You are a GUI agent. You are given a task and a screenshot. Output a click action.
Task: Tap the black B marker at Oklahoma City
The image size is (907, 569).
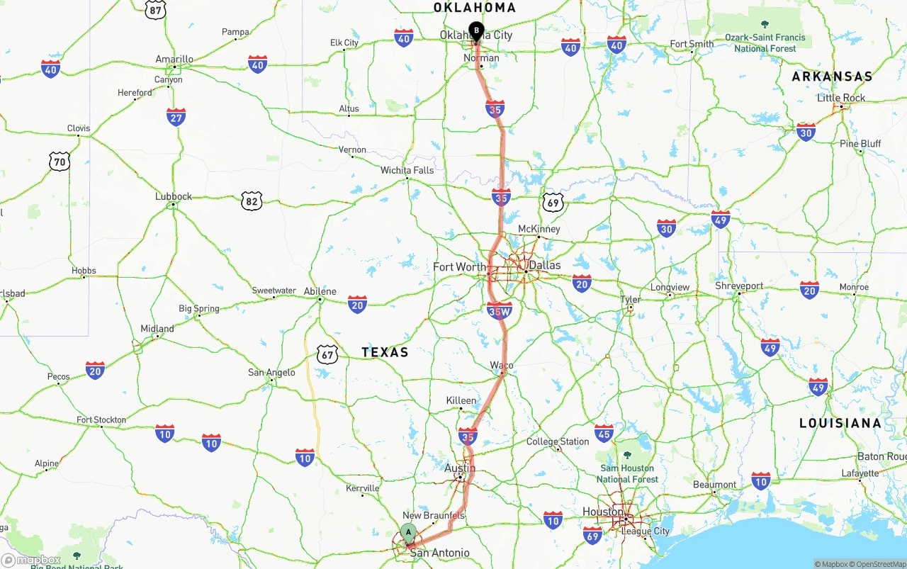point(476,31)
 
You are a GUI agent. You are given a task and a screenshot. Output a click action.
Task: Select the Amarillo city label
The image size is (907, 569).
point(174,59)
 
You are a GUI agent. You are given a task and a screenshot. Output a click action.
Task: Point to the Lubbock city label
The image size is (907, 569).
point(174,196)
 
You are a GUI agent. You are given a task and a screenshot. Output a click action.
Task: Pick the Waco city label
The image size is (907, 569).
point(502,365)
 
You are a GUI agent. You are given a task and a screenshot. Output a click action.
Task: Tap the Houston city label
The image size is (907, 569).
point(603,512)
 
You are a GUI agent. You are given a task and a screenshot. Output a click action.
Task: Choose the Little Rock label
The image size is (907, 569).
point(841,98)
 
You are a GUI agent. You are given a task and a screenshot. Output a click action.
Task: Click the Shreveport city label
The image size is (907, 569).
point(739,286)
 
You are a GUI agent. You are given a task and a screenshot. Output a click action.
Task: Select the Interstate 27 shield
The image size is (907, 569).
point(176,117)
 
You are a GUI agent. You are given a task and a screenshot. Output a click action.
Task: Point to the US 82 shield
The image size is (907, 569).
point(251,201)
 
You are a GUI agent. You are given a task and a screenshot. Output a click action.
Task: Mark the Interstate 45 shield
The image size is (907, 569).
point(604,433)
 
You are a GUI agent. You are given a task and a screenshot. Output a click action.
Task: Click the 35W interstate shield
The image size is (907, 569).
point(500,310)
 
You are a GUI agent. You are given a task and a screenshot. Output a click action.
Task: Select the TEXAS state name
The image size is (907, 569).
point(385,351)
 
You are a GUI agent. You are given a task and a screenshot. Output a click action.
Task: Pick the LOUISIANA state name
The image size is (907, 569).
point(840,423)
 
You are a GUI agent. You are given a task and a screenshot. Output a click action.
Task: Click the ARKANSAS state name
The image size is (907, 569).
point(832,76)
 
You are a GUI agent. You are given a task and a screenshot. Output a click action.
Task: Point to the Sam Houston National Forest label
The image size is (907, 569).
point(627,473)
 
